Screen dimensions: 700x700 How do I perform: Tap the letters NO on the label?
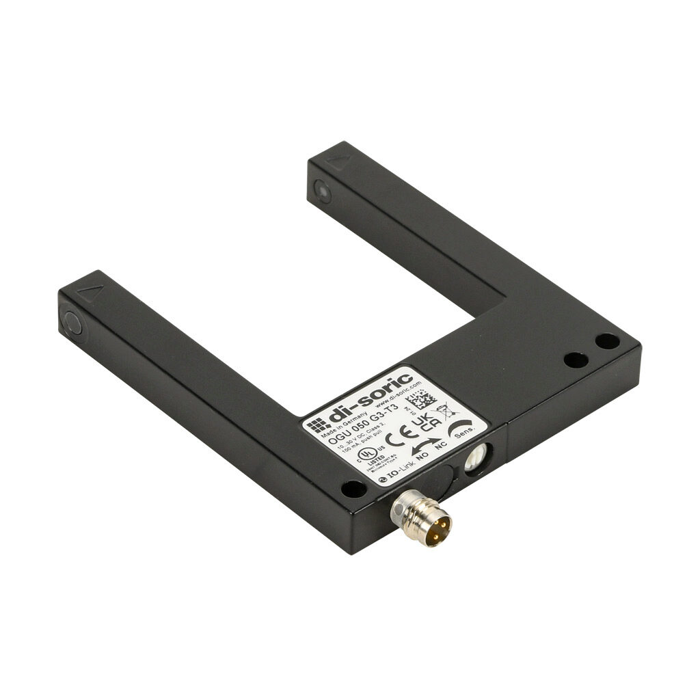click(x=422, y=455)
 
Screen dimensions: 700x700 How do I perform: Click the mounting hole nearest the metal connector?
click(x=353, y=488)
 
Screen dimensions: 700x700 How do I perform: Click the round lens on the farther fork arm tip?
click(x=323, y=192)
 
